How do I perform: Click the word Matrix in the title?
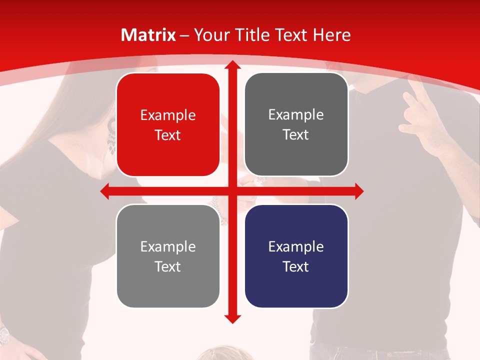coord(148,35)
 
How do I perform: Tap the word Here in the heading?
coord(331,35)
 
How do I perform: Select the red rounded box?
coord(168,125)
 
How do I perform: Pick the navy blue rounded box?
coord(296,256)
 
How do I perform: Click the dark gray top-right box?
coord(296,124)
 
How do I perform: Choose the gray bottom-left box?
coord(168,256)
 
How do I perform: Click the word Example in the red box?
coord(168,115)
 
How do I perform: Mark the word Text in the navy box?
coord(296,266)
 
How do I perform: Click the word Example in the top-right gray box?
coord(296,114)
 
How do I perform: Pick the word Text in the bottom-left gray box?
coord(168,266)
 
